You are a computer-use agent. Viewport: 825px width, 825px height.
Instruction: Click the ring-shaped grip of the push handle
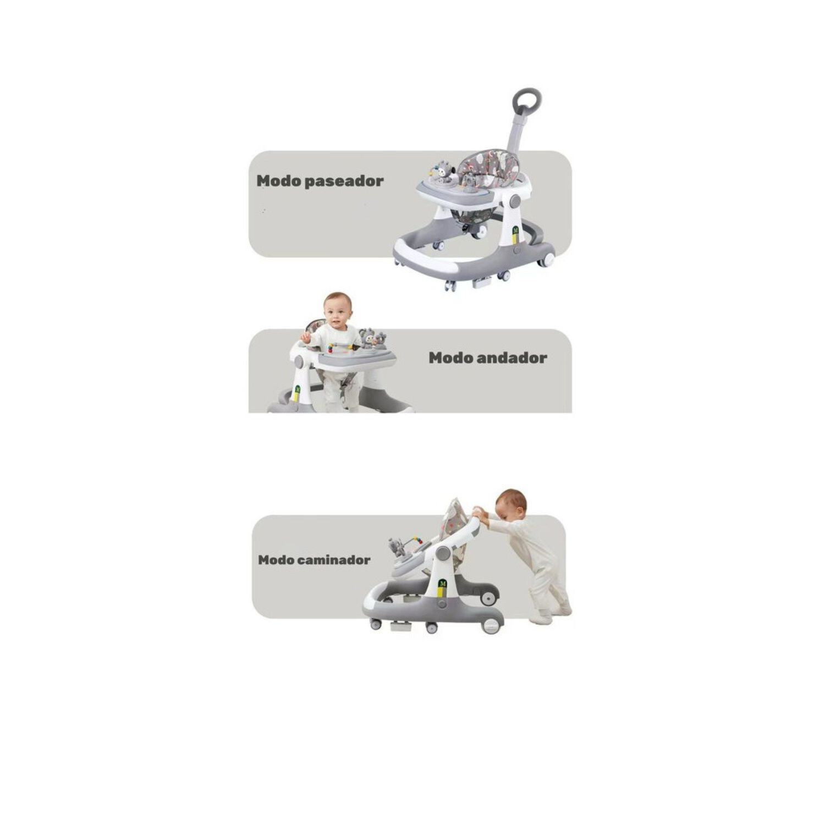[527, 102]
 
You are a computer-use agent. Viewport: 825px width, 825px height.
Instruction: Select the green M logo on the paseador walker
[516, 228]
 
